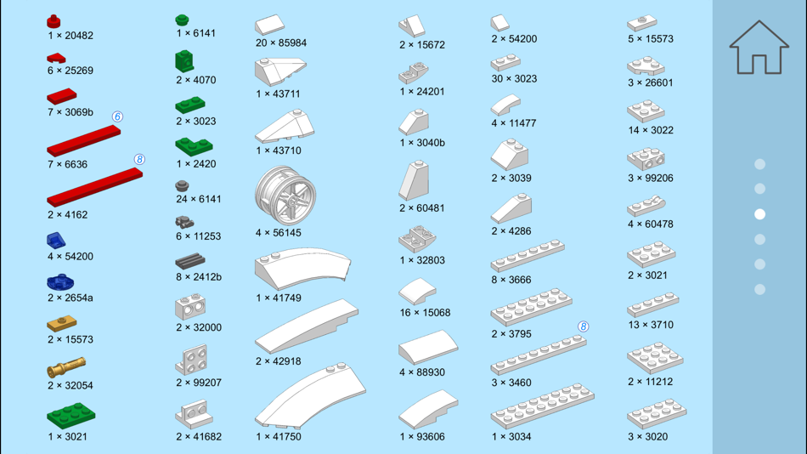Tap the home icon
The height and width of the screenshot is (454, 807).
pyautogui.click(x=759, y=48)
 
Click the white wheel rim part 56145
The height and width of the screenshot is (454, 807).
pyautogui.click(x=285, y=196)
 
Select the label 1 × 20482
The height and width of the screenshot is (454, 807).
pyautogui.click(x=71, y=36)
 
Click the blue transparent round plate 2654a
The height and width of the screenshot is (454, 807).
pyautogui.click(x=60, y=282)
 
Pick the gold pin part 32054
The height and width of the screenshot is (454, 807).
pyautogui.click(x=66, y=367)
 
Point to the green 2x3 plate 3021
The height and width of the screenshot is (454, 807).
pyautogui.click(x=71, y=416)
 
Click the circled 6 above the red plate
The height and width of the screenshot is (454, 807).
pyautogui.click(x=117, y=117)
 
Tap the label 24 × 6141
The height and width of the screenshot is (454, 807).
pyautogui.click(x=199, y=199)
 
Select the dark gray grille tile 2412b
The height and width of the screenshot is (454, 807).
pyautogui.click(x=190, y=261)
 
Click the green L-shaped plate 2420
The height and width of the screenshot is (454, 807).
pyautogui.click(x=194, y=146)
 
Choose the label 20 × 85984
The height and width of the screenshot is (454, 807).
pyautogui.click(x=281, y=43)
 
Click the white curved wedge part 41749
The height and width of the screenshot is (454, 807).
pyautogui.click(x=302, y=268)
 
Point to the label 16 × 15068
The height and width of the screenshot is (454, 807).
pyautogui.click(x=425, y=313)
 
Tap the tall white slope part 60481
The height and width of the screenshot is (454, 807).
pyautogui.click(x=414, y=180)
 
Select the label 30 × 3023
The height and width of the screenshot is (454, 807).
pyautogui.click(x=514, y=79)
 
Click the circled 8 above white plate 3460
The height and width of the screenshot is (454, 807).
pyautogui.click(x=583, y=326)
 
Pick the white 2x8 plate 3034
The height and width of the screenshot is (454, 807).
pyautogui.click(x=543, y=406)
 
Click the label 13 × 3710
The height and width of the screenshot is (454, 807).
pyautogui.click(x=651, y=325)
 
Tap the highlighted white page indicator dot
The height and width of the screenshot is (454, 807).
pyautogui.click(x=759, y=214)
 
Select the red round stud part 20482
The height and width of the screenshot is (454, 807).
pyautogui.click(x=54, y=21)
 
